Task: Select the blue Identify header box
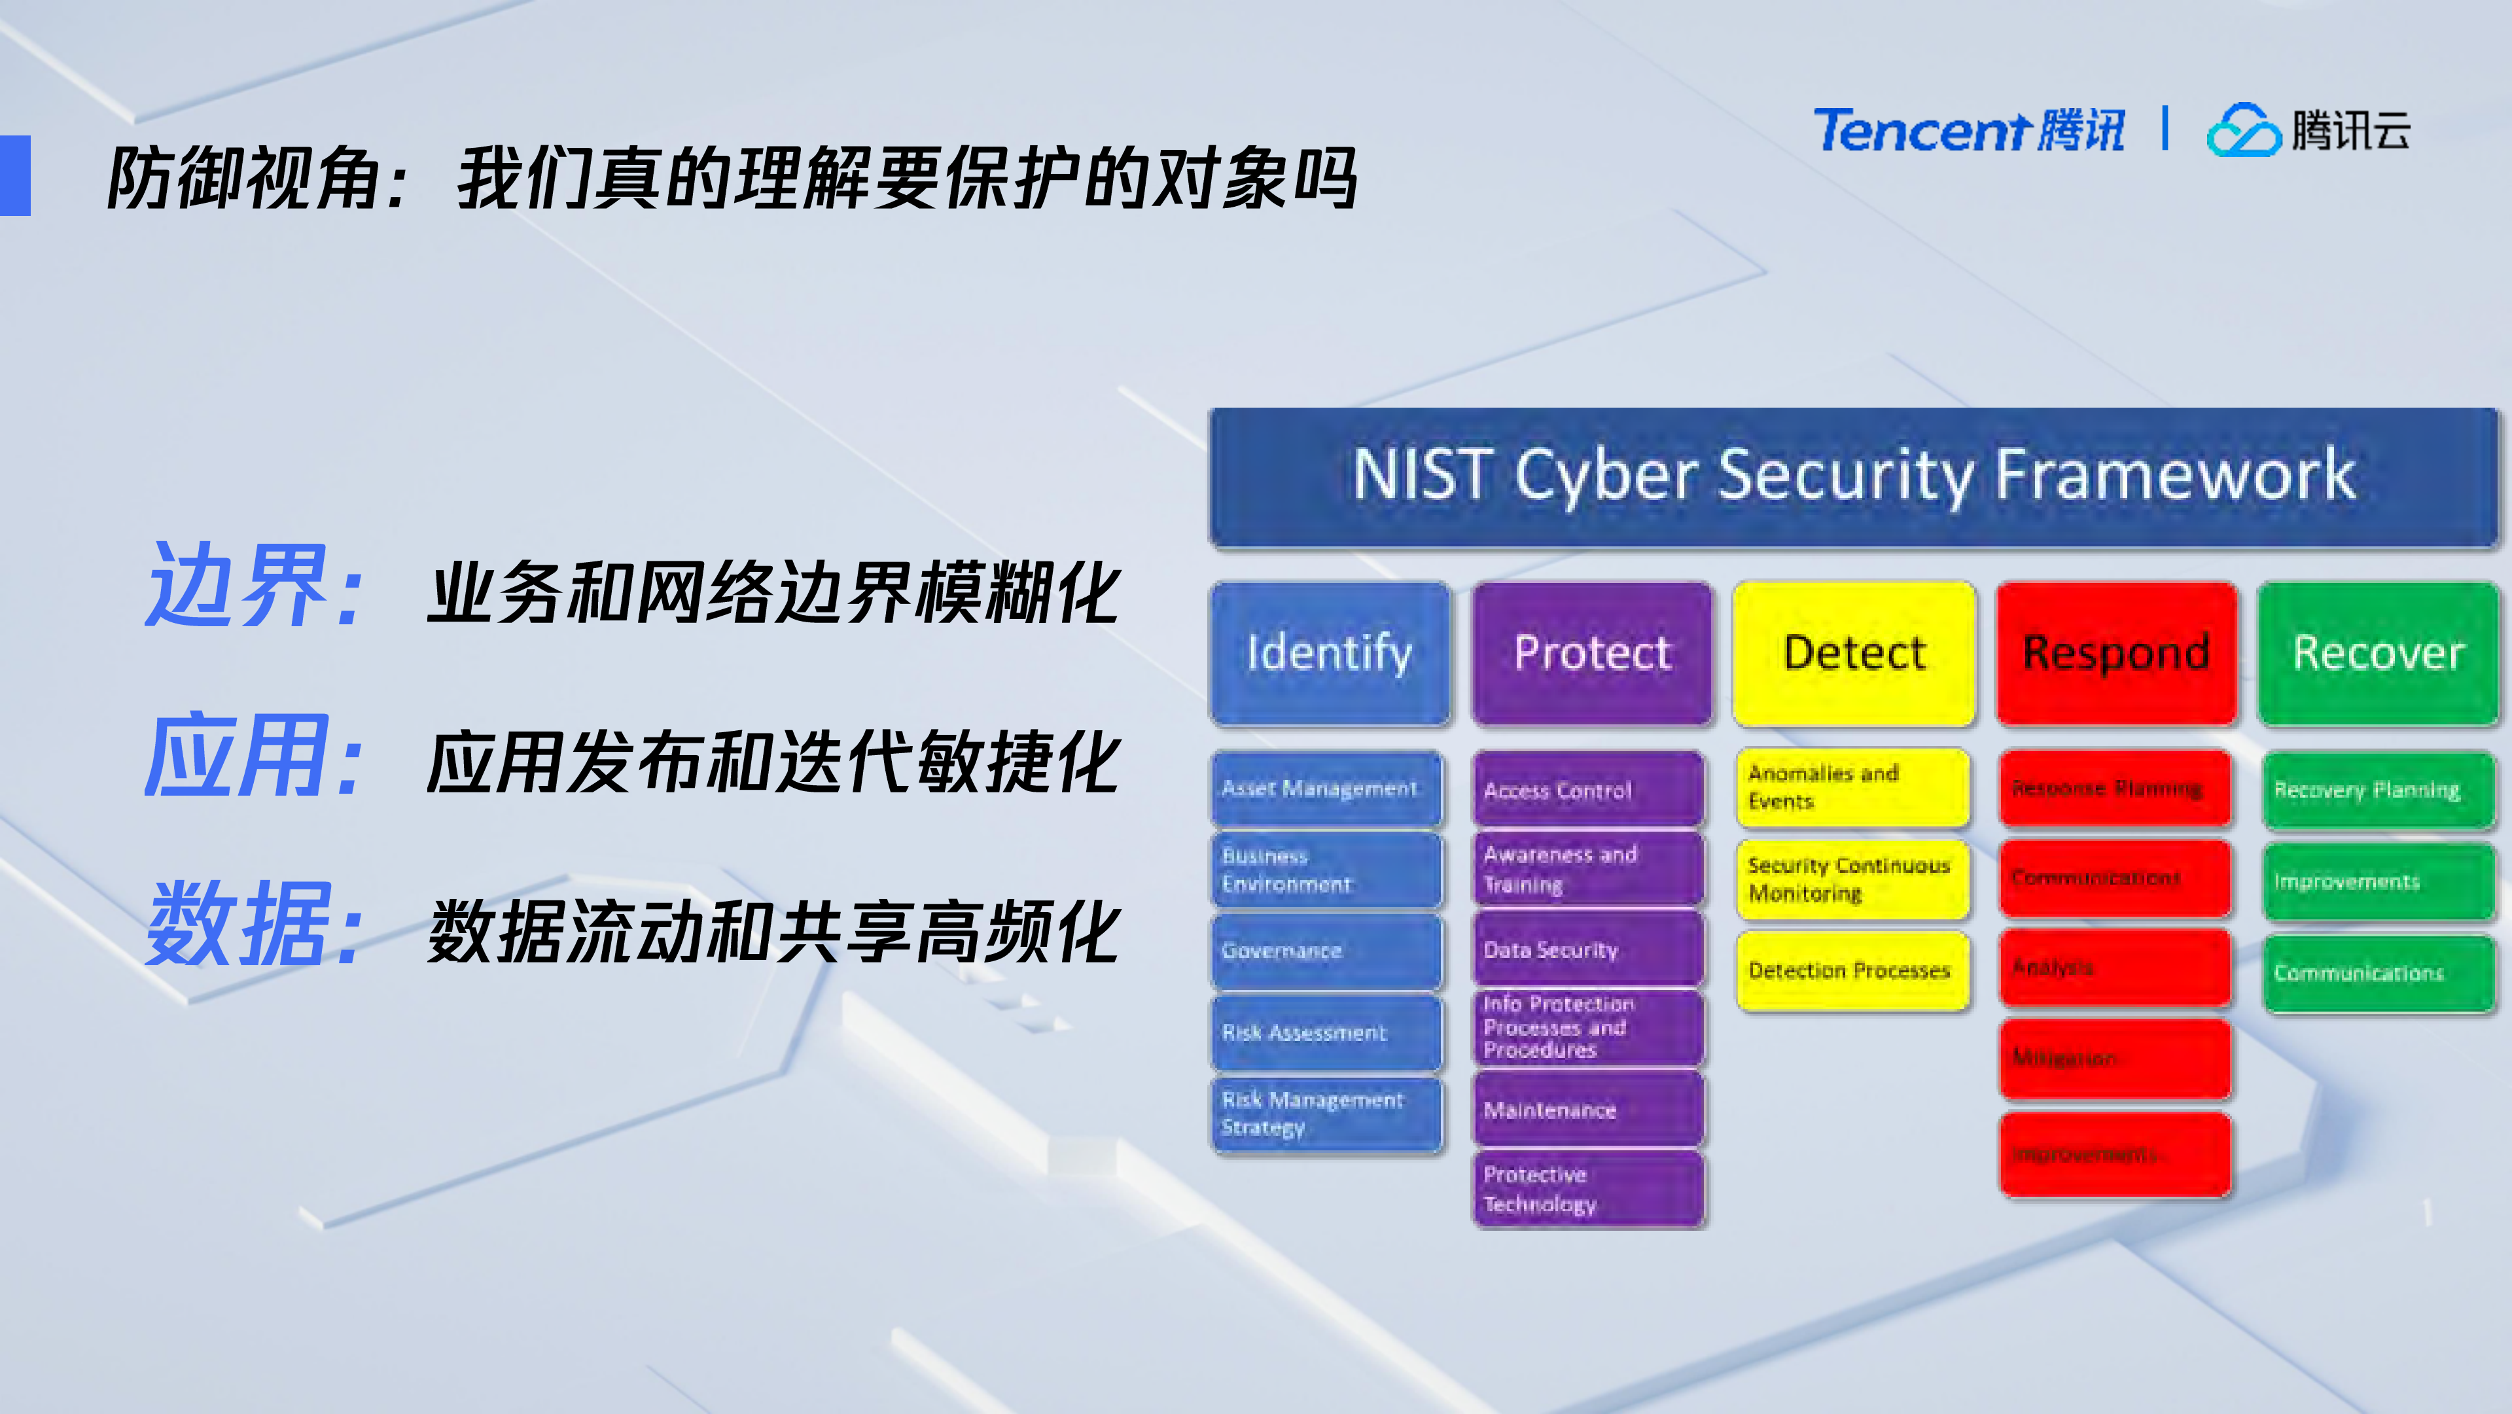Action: click(x=1329, y=654)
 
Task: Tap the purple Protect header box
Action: click(x=1591, y=654)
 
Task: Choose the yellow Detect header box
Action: click(x=1854, y=654)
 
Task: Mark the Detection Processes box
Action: click(x=1852, y=971)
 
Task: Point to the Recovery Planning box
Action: click(x=2377, y=790)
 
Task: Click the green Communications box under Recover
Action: click(x=2377, y=973)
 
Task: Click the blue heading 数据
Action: click(x=238, y=925)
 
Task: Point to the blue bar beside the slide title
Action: click(x=16, y=175)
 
